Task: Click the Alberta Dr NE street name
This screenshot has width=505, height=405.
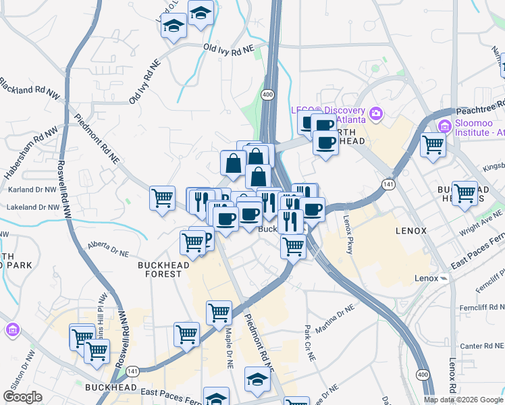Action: click(107, 249)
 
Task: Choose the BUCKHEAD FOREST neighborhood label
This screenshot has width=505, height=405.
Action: click(160, 270)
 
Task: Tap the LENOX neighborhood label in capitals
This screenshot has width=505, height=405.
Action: click(410, 231)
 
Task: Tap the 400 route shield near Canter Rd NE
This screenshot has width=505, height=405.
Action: click(423, 374)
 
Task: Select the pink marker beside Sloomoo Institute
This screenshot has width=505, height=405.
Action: click(444, 126)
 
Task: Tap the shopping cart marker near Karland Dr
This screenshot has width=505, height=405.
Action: click(162, 198)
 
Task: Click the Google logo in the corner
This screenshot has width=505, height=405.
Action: click(23, 397)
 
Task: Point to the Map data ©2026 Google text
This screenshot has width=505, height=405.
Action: click(462, 400)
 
